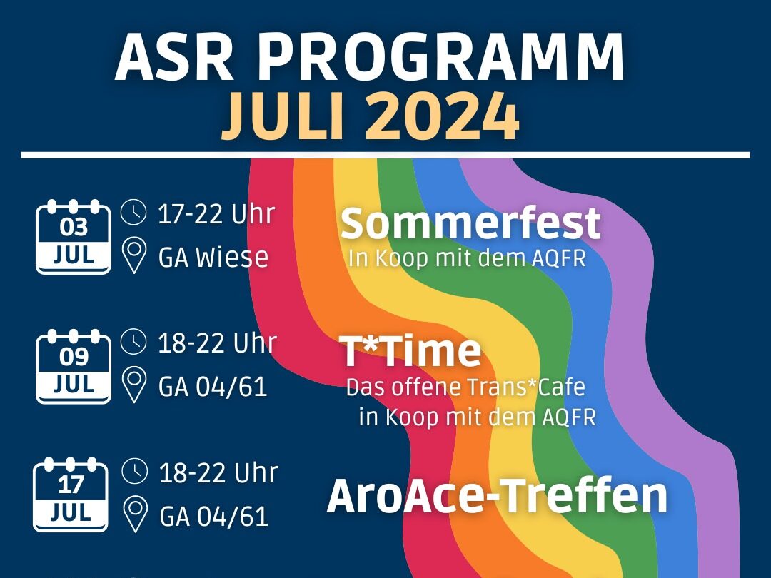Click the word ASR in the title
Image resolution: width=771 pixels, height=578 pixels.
click(174, 57)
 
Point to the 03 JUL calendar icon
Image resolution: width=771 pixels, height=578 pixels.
click(74, 236)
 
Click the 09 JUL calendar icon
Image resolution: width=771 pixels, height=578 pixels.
click(74, 366)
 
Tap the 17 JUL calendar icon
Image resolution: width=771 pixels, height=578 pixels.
click(70, 495)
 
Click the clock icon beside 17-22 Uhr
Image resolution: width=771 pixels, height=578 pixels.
click(133, 213)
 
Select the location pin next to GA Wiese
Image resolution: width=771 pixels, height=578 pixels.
click(133, 255)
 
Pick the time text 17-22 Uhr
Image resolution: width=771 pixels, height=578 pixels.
click(216, 214)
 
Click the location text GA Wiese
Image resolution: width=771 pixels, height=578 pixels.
click(213, 257)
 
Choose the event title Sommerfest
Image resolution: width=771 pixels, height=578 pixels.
click(470, 223)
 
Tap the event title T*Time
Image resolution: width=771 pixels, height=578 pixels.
click(410, 351)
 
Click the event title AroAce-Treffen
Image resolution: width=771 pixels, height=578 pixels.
click(497, 495)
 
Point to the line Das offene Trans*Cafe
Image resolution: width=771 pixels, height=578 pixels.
click(465, 387)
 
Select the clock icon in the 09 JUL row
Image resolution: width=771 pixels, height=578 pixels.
click(133, 342)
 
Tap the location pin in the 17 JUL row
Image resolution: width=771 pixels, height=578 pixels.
click(135, 514)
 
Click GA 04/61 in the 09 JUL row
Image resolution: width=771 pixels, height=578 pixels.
click(213, 387)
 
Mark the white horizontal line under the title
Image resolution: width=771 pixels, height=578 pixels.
click(385, 156)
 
